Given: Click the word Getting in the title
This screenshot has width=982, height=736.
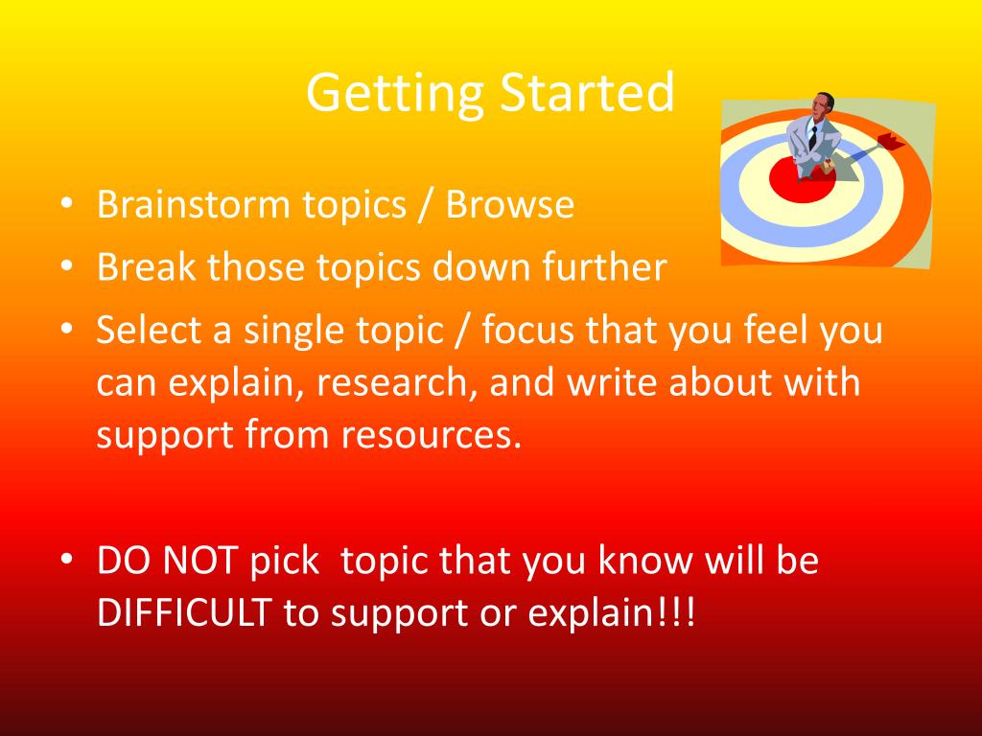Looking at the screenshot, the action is point(394,94).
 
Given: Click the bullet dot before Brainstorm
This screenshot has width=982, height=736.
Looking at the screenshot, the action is point(67,204).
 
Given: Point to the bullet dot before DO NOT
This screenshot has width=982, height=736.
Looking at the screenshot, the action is point(67,559).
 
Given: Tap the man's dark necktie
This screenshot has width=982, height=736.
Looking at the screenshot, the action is point(813,138).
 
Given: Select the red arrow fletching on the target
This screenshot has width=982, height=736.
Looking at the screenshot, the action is point(891,142).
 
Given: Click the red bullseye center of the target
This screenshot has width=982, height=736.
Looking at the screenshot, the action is point(803,180).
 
